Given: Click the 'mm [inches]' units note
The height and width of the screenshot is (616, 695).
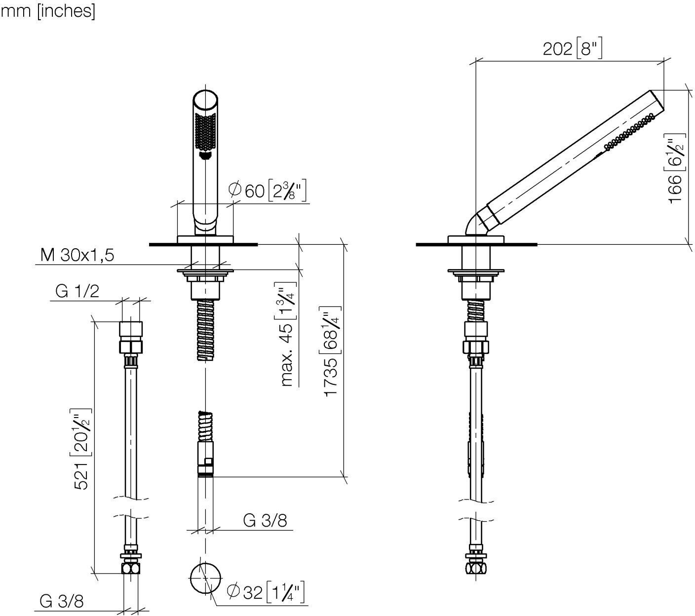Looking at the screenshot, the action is click(48, 11).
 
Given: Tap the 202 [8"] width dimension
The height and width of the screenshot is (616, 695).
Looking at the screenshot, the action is click(572, 49).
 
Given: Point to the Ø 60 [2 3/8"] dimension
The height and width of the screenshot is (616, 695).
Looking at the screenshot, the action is click(267, 191).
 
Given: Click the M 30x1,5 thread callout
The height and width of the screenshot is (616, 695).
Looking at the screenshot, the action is click(77, 255).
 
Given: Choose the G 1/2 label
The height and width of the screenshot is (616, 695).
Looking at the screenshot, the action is click(77, 291).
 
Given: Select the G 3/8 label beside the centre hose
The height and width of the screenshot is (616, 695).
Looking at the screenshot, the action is click(265, 520).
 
